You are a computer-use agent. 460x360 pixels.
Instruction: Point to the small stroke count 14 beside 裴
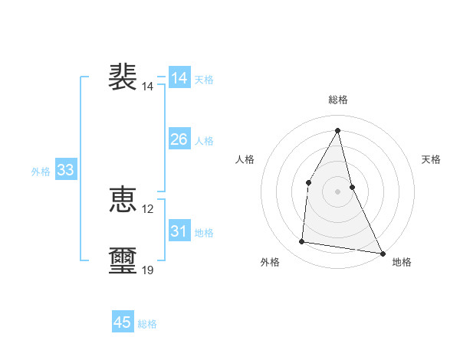coord(148,87)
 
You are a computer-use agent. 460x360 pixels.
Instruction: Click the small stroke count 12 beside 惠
coord(148,209)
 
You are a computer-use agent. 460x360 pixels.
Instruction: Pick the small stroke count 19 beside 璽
coord(148,270)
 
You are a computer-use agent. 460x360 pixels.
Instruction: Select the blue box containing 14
coord(179,78)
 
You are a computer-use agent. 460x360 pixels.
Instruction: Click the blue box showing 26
coord(179,139)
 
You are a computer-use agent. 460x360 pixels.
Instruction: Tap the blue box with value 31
coord(179,231)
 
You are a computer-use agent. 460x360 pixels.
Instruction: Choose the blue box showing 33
coord(66,170)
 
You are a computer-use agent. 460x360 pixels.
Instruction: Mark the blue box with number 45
coord(123,322)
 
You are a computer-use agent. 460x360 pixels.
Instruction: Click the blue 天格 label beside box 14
coord(204,80)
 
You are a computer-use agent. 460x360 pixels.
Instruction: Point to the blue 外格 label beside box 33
coord(41,172)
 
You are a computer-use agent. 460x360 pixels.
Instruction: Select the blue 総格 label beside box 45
coord(147,324)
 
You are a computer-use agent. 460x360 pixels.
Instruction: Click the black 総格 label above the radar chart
coord(337,100)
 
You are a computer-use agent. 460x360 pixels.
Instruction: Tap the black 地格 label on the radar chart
coord(402,262)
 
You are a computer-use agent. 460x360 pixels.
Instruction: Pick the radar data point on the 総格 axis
coord(337,129)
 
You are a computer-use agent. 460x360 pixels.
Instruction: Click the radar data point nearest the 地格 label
coord(382,253)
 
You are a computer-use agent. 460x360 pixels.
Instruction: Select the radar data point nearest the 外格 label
coord(302,242)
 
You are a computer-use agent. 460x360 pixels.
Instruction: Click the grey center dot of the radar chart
coord(337,191)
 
